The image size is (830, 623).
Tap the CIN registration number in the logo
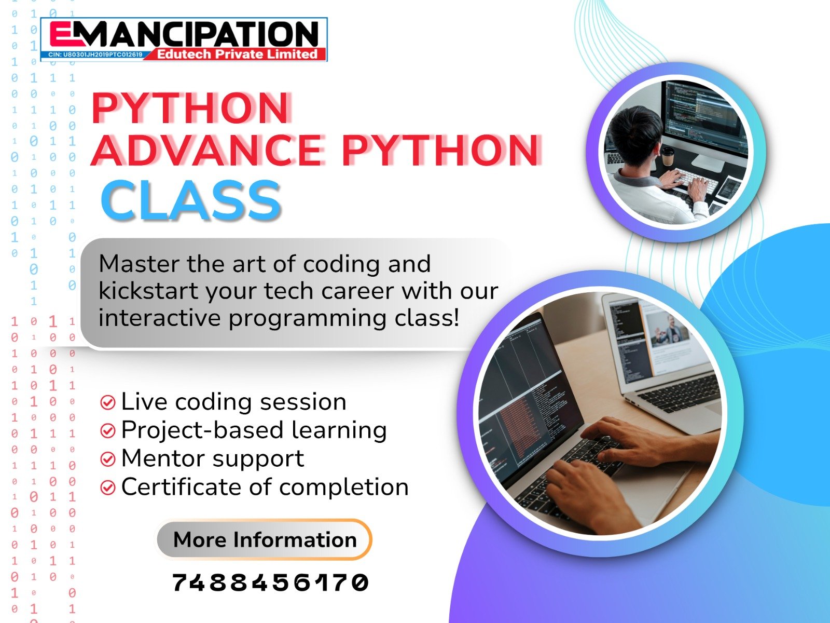(95, 55)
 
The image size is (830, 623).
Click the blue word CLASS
(191, 200)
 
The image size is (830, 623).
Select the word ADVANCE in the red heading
(208, 150)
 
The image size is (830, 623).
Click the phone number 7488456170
(270, 583)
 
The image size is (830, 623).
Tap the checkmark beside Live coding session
(107, 402)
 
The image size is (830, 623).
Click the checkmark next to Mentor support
(107, 459)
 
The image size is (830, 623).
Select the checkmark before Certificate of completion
(107, 487)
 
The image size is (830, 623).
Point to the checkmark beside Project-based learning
(107, 430)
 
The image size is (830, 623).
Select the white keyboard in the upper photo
(695, 179)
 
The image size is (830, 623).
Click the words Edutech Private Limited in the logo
(237, 54)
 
